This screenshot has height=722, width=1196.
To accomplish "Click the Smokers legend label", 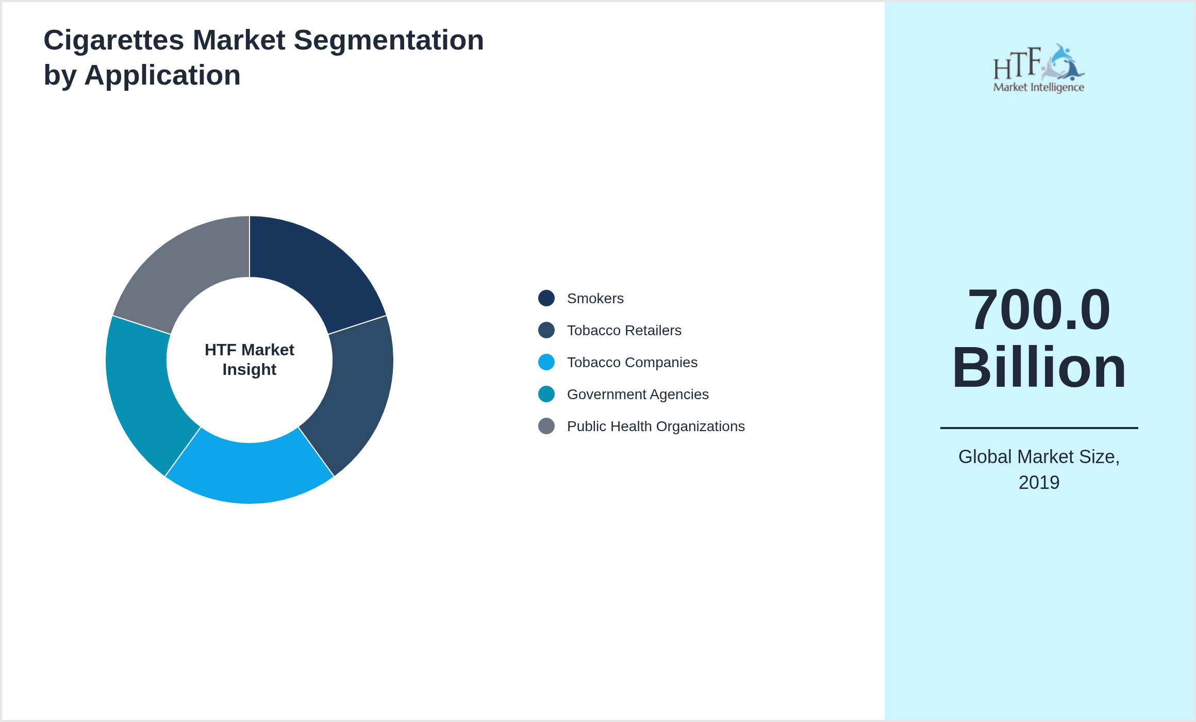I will [x=595, y=299].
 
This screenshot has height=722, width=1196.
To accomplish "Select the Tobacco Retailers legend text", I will [x=624, y=331].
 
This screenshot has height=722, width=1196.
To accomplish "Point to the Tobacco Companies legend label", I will [x=632, y=363].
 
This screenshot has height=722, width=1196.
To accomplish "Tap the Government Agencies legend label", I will [x=638, y=395].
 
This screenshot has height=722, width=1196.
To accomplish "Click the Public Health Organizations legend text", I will [x=656, y=426].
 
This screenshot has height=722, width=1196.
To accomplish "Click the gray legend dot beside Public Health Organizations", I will [x=546, y=426].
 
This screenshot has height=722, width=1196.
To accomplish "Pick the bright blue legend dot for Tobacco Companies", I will [x=546, y=362].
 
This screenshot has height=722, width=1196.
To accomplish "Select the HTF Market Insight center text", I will [x=250, y=359].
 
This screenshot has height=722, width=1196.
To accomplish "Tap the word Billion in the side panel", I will [x=1039, y=368].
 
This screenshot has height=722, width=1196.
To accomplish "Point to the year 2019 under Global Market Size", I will [x=1039, y=483].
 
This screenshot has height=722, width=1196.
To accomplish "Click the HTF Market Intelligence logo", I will [x=1039, y=69].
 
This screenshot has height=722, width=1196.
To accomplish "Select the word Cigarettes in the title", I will [x=113, y=40].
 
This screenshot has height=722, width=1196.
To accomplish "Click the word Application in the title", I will [x=162, y=75].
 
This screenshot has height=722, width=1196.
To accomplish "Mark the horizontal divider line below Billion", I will [x=1039, y=428].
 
